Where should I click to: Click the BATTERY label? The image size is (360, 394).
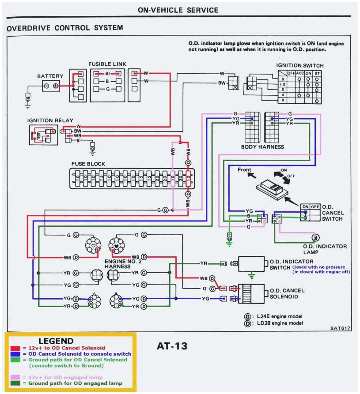coord(50,76)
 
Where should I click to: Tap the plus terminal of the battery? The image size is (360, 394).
coord(55,86)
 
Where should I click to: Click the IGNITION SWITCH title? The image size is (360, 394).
coord(300,66)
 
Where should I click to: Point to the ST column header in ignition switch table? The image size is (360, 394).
coord(317,73)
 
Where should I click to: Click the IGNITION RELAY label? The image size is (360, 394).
coord(50,120)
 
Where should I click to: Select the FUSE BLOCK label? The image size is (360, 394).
coord(88,164)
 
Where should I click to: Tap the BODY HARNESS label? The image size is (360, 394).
coord(262,146)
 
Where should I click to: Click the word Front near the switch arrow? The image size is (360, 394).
coord(244,169)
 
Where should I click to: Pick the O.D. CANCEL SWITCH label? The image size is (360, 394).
coord(332,213)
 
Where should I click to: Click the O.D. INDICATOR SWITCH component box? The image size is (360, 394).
coord(252,264)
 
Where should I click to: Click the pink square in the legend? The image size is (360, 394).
coord(13,377)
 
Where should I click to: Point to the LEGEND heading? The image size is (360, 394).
coord(56,341)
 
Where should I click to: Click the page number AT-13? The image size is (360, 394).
coord(172,345)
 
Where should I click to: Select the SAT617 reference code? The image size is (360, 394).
coord(339,328)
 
